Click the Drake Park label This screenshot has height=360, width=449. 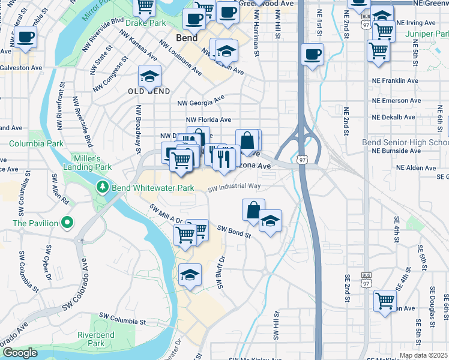coord(146,23)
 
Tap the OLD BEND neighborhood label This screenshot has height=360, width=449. coord(149,91)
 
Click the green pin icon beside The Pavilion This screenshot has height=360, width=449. coord(67,223)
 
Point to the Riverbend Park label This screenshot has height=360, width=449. coord(91,339)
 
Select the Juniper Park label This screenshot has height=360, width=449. coord(427,34)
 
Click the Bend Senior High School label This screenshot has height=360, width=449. coord(405,142)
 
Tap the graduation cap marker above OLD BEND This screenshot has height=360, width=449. coord(149,76)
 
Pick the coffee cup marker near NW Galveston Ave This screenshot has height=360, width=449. coord(25,37)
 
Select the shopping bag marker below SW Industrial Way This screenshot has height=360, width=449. coord(253,210)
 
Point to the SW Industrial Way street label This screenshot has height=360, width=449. coord(234,187)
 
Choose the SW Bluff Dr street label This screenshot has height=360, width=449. coord(220,272)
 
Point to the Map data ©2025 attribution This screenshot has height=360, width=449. coord(423,355)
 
